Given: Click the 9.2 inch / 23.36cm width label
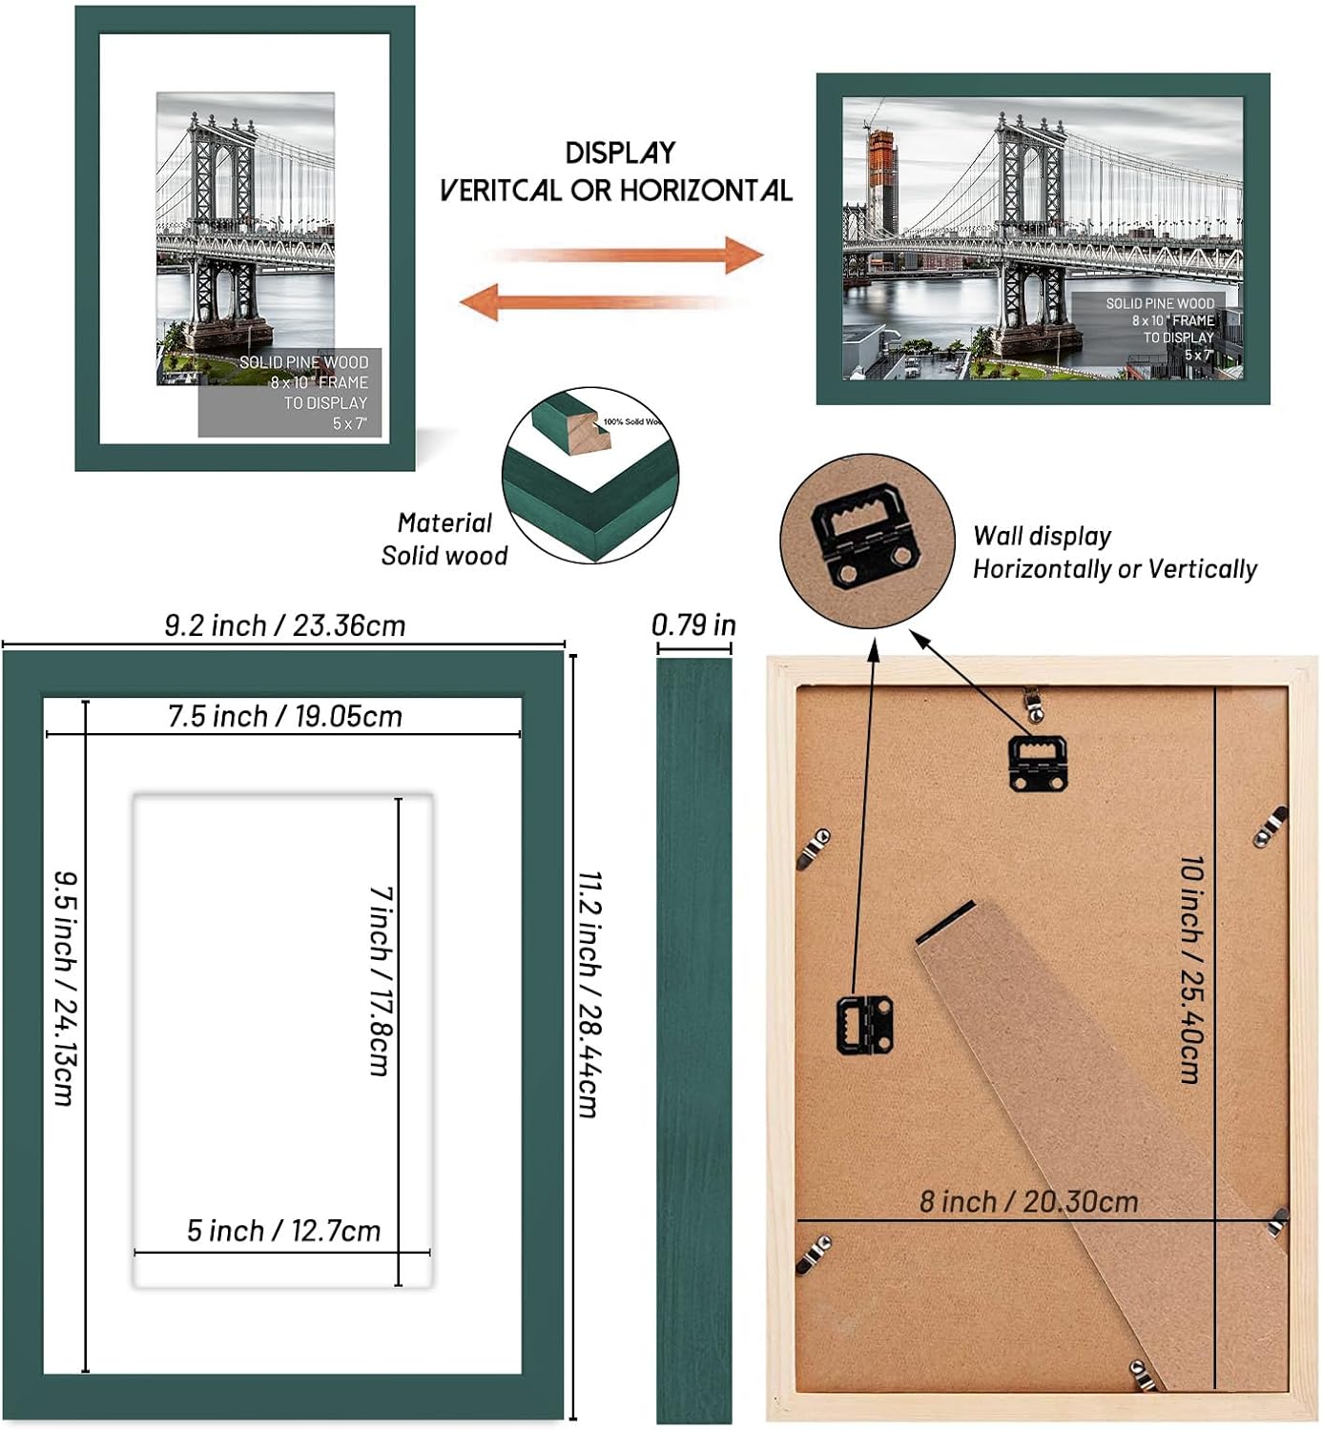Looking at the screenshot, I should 284,625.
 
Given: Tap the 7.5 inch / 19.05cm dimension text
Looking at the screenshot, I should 284,716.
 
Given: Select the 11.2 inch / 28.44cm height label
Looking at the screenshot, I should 589,993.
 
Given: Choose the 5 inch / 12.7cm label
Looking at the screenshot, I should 283,1231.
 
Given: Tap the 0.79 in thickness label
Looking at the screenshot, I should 693,624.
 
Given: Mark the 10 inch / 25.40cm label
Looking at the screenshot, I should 1191,969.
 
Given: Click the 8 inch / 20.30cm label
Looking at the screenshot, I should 1028,1201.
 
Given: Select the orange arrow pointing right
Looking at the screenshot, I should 630,255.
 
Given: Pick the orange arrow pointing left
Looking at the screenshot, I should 601,302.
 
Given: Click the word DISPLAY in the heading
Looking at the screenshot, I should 620,153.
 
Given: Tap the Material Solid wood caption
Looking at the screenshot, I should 444,539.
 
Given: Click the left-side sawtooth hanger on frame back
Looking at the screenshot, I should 864,1024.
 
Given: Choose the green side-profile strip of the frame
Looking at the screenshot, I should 693,1039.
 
